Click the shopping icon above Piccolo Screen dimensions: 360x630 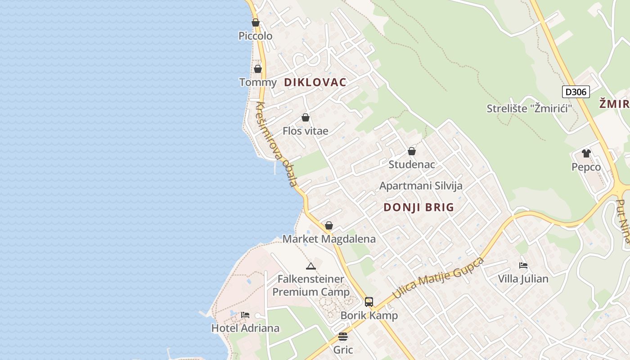(x=256, y=22)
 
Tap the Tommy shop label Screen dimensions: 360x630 (x=258, y=82)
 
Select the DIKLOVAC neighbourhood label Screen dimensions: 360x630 (x=315, y=82)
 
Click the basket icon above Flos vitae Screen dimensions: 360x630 (x=306, y=117)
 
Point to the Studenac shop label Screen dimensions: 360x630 (x=412, y=164)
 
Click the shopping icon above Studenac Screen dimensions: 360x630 (x=412, y=151)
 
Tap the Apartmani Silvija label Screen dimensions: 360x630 (x=421, y=186)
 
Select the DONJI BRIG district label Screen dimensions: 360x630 (x=419, y=207)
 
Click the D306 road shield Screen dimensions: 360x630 (x=576, y=92)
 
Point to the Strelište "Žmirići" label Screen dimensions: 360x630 (x=529, y=108)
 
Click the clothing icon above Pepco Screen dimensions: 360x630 (x=586, y=153)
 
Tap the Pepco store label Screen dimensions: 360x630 (x=586, y=167)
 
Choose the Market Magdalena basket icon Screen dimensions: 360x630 (x=329, y=225)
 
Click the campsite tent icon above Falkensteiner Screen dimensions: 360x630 (x=310, y=266)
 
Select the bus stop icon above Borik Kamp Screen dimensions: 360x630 (x=369, y=301)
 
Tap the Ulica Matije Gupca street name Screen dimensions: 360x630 (x=438, y=278)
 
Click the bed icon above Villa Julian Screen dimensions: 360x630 (x=523, y=265)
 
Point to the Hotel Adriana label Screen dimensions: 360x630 (x=245, y=328)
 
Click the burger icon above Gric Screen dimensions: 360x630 (x=343, y=337)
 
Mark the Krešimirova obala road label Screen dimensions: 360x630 (x=276, y=144)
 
